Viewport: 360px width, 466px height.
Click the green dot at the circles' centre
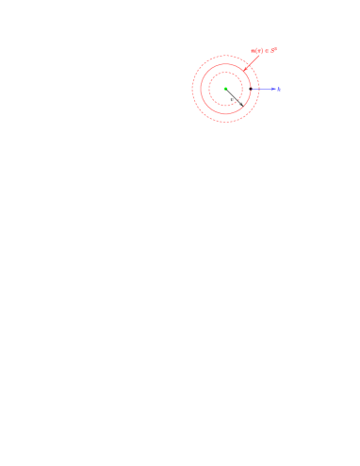click(225, 89)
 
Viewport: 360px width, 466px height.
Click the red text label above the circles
click(263, 51)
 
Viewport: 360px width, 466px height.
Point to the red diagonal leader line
click(253, 61)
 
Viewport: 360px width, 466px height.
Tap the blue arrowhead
click(272, 89)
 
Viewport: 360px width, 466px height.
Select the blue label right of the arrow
click(278, 89)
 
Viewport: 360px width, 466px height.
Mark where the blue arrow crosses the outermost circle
click(259, 89)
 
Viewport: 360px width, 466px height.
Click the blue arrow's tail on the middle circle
click(251, 89)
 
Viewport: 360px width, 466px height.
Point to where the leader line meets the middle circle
click(243, 71)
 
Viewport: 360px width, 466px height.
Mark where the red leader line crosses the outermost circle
click(249, 65)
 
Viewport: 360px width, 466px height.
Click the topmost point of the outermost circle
click(225, 55)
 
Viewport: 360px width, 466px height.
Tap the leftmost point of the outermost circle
click(191, 89)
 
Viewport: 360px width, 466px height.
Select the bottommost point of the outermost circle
click(225, 123)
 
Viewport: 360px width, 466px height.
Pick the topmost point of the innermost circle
click(225, 73)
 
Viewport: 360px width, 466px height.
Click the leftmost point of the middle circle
click(200, 89)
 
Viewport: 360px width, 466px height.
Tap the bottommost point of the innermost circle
click(225, 105)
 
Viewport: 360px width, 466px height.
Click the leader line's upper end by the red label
click(260, 54)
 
